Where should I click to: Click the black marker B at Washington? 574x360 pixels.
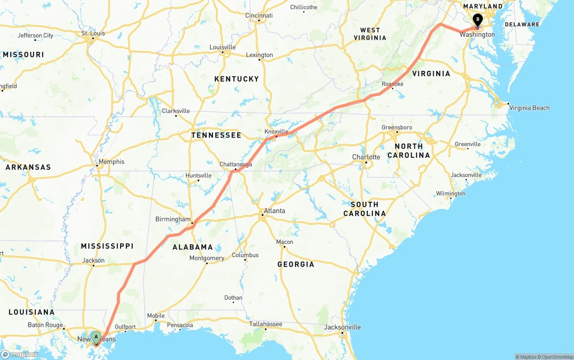478,19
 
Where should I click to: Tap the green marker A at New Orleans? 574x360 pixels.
96,337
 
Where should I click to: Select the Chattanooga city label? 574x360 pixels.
235,165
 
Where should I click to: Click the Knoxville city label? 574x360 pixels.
276,131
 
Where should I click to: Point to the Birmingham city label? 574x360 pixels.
173,219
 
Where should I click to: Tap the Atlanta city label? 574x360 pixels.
274,211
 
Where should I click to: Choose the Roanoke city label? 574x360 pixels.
392,84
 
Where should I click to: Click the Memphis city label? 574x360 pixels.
112,162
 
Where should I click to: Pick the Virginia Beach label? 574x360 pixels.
529,108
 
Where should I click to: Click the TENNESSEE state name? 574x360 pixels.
216,135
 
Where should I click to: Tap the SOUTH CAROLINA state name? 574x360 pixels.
365,209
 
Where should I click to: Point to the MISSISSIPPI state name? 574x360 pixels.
107,246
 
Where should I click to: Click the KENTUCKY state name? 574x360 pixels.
236,79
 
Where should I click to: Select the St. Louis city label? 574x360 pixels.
93,33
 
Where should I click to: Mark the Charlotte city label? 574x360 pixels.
366,157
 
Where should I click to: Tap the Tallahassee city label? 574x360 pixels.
266,324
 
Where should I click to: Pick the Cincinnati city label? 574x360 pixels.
259,15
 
